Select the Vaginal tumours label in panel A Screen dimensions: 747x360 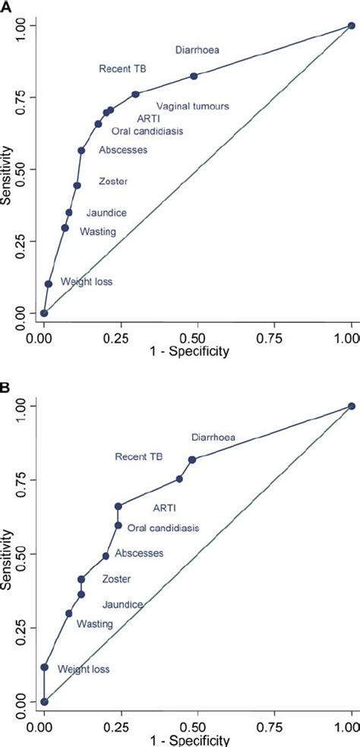(193, 106)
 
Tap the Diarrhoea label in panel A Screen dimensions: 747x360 (197, 51)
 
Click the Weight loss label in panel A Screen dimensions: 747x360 (87, 282)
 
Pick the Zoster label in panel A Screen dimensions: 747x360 (113, 182)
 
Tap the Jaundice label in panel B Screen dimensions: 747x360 (123, 604)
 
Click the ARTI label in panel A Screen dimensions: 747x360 (148, 118)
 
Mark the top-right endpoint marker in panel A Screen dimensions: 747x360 (352, 26)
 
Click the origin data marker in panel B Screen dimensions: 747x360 (44, 701)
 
